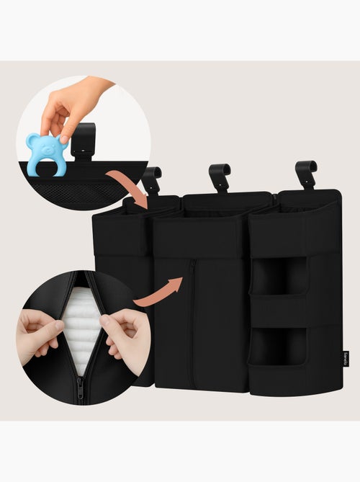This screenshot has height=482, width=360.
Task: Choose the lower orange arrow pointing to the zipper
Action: click(160, 290)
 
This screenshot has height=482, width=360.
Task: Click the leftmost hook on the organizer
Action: click(152, 179)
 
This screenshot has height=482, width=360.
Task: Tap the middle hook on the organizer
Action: click(219, 177)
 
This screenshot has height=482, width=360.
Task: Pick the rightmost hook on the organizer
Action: click(306, 173)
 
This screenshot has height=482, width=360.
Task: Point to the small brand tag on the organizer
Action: click(345, 357)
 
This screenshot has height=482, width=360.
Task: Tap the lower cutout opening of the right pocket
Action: click(278, 346)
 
